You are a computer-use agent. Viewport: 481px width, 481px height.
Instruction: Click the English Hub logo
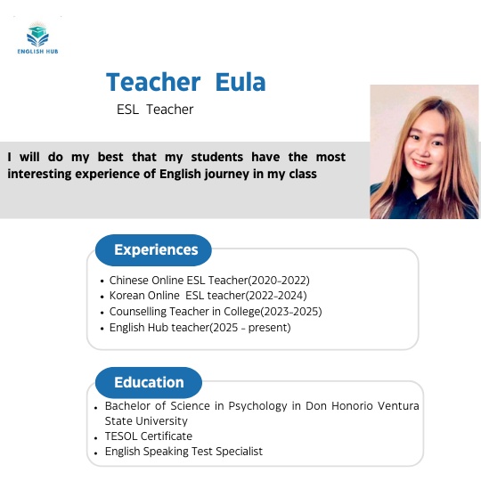pos(38,38)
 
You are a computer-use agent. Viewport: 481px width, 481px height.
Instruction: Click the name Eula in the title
pos(240,83)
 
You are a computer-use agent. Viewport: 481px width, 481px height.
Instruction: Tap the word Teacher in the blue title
pos(153,83)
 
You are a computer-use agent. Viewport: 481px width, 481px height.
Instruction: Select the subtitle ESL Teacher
pos(155,110)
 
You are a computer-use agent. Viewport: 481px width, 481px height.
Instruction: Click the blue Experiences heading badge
pos(156,250)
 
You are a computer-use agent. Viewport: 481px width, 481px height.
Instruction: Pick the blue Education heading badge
pos(149,382)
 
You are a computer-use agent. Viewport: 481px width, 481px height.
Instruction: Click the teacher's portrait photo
pos(424,151)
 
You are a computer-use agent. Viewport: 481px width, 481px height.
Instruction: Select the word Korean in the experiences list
pos(127,295)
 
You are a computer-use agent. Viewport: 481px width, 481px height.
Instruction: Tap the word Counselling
pos(139,311)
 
